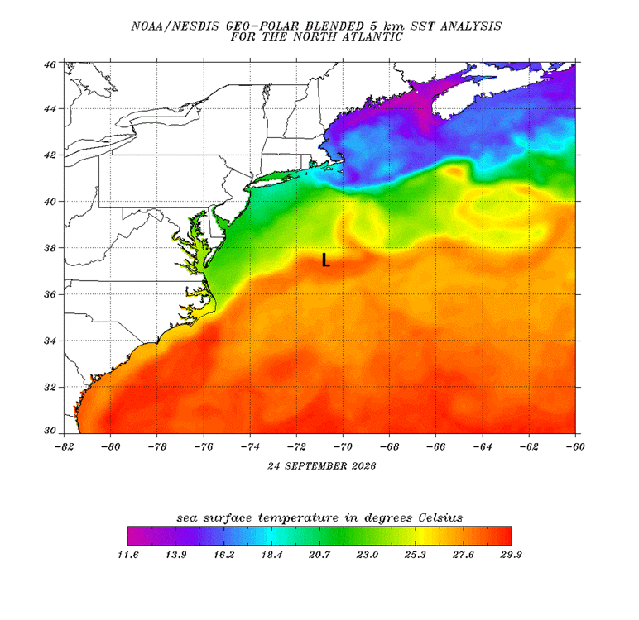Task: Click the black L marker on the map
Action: click(x=325, y=260)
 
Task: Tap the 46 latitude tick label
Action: click(x=50, y=64)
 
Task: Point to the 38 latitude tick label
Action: click(x=50, y=247)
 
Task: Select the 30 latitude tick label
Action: click(x=50, y=431)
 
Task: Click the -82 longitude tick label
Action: click(x=64, y=446)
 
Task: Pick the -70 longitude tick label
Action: click(x=343, y=446)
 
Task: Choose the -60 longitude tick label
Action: click(x=575, y=446)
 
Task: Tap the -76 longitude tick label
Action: click(x=204, y=446)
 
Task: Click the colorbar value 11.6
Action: click(x=128, y=555)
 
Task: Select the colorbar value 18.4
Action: click(x=271, y=555)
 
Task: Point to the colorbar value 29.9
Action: click(x=511, y=555)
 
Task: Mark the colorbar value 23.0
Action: click(x=368, y=555)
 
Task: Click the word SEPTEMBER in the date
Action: click(x=315, y=466)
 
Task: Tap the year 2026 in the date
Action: click(x=363, y=466)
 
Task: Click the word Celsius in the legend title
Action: click(x=440, y=517)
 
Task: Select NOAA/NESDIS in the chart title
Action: click(x=175, y=26)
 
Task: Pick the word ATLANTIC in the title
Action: click(x=372, y=37)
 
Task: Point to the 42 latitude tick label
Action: click(x=50, y=155)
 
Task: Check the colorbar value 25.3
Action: click(x=416, y=555)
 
